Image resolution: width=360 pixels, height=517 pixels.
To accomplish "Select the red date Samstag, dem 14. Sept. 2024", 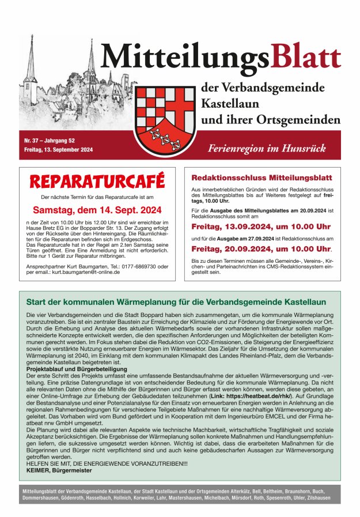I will tap(97, 210).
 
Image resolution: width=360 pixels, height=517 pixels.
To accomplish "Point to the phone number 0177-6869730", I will tap(147, 266).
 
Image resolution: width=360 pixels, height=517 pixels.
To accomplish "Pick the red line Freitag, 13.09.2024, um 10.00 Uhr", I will tap(260, 227).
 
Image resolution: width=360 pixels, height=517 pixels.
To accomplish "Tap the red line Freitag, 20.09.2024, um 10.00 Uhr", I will tap(260, 249).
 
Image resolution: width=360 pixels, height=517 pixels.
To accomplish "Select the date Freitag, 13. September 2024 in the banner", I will tap(59, 150).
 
